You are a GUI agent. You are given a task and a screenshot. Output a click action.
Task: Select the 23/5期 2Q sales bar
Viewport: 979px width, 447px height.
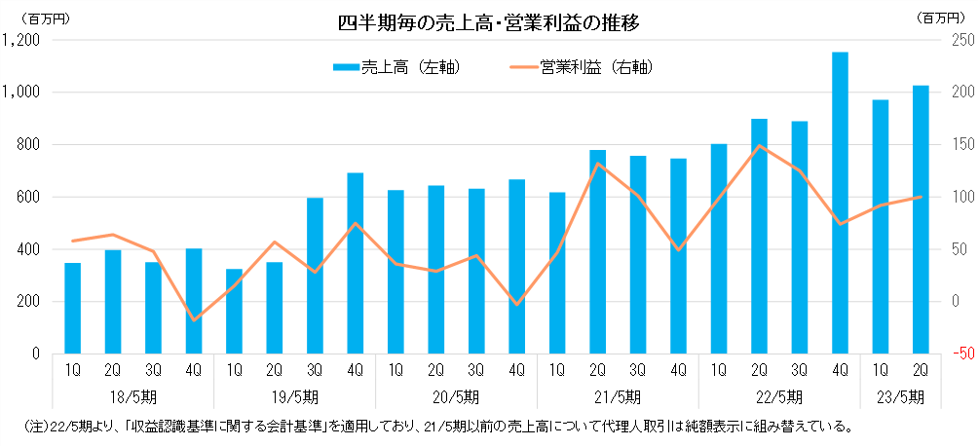tap(921, 219)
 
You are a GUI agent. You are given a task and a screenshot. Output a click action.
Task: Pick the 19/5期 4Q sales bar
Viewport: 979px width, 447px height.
tap(356, 263)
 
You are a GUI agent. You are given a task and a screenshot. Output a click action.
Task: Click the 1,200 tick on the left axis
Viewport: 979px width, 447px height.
tap(21, 40)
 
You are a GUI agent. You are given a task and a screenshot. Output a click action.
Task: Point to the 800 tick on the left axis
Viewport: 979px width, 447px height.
tap(26, 145)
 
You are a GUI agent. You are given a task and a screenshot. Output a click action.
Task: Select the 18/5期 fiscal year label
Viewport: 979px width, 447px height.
tap(132, 396)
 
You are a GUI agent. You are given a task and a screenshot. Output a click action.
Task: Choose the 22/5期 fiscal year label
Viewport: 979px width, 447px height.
tap(778, 396)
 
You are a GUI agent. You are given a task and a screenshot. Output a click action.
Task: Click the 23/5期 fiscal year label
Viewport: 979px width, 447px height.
tap(900, 396)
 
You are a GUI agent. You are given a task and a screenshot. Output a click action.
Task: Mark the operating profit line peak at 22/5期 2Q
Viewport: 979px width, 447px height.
tap(759, 146)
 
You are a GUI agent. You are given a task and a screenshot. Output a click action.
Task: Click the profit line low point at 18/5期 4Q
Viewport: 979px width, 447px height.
tap(194, 319)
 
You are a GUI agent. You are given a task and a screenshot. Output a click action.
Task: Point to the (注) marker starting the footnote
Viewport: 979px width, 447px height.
tap(32, 427)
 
